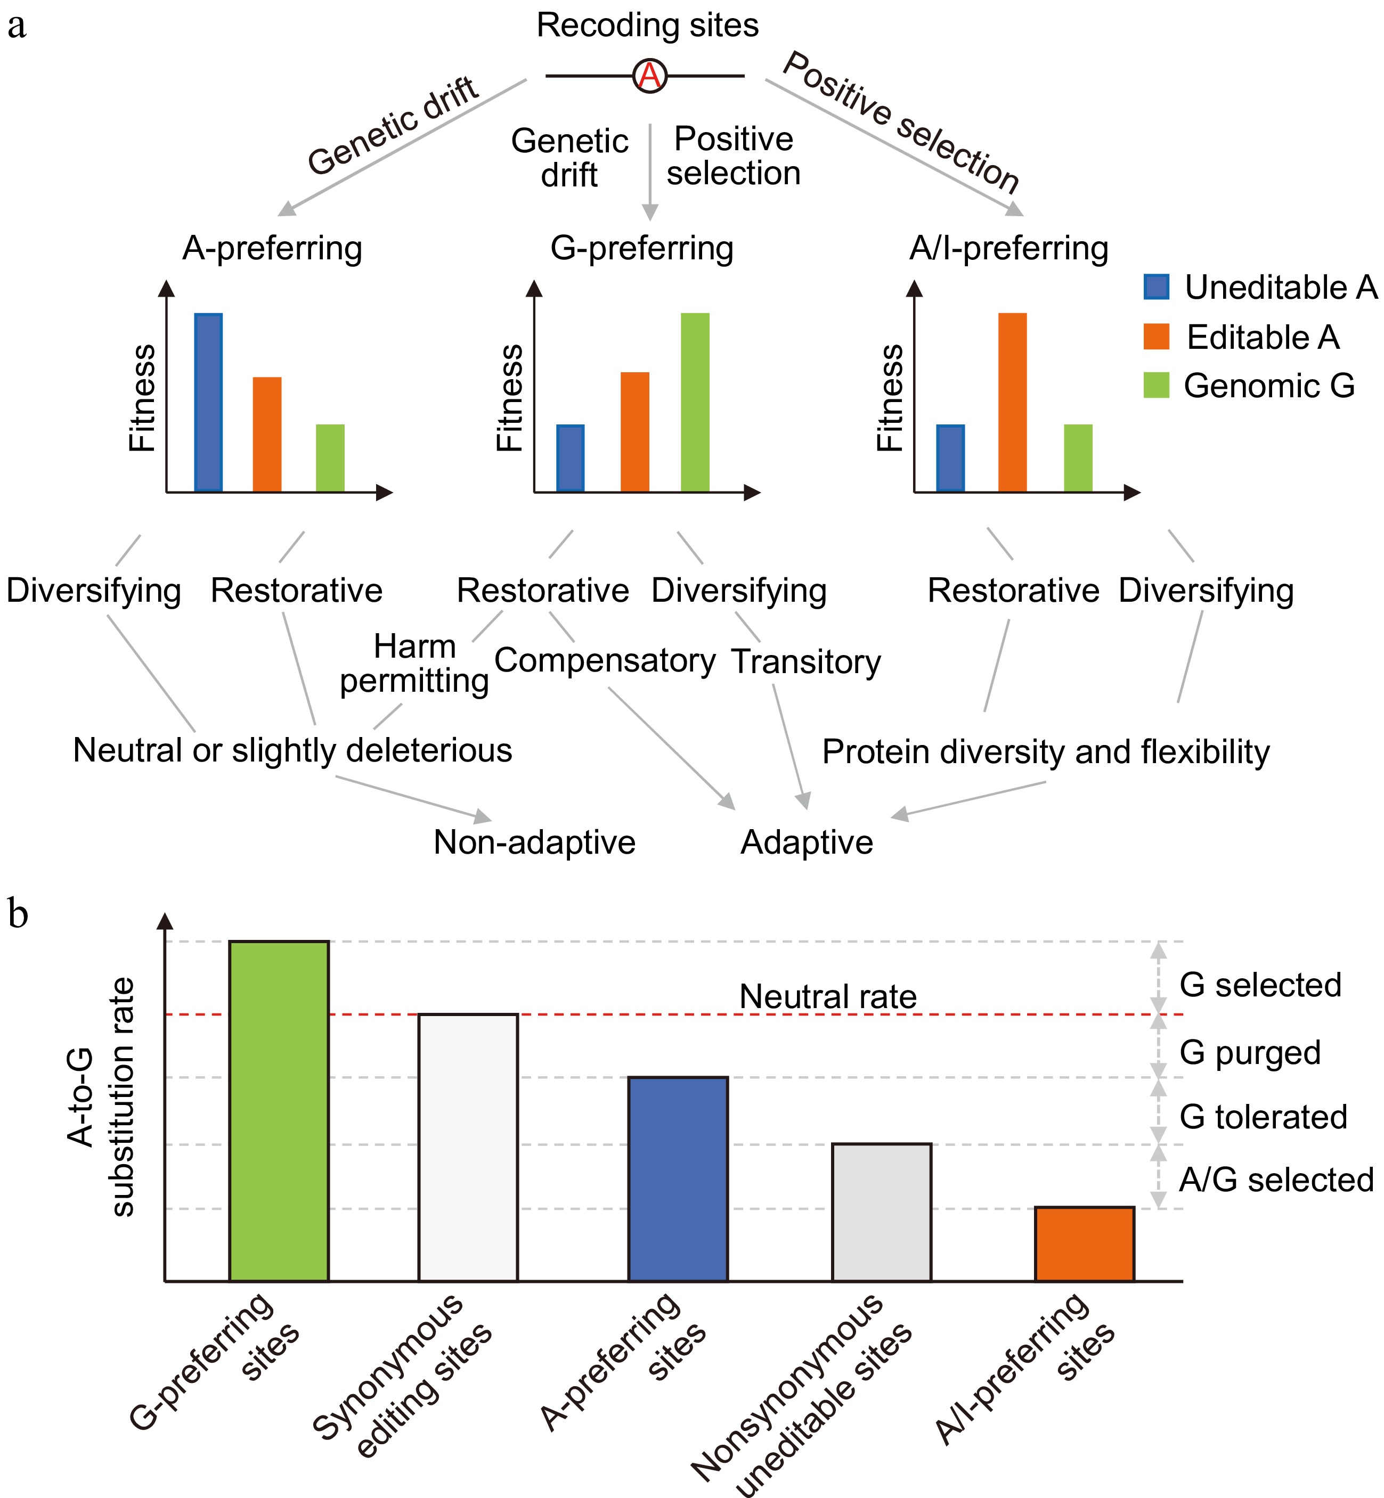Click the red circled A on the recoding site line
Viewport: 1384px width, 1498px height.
click(649, 76)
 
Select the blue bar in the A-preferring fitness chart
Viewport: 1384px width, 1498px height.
click(208, 402)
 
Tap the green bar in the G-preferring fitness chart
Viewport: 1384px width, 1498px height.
click(695, 402)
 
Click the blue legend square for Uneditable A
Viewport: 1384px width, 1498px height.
click(1157, 286)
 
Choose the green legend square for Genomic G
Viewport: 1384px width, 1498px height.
click(1157, 386)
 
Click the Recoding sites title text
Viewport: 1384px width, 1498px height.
click(648, 26)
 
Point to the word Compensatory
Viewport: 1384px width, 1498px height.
click(605, 660)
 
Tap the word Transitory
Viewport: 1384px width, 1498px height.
click(806, 662)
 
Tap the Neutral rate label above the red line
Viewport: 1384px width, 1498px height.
click(827, 996)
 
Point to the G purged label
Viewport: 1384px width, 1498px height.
click(1250, 1053)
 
